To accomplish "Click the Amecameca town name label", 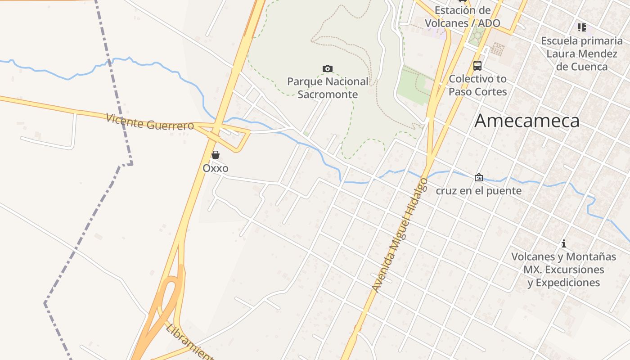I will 527,121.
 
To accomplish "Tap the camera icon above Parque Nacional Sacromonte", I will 328,68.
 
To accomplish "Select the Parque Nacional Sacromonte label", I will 328,88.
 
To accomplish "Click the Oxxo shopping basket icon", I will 216,155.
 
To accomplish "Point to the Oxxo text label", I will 216,168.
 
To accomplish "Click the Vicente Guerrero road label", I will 150,122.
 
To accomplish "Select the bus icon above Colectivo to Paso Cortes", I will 477,66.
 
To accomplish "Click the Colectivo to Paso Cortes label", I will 477,85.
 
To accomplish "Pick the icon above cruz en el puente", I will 478,177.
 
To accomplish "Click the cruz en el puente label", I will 478,191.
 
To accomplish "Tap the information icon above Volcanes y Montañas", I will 563,244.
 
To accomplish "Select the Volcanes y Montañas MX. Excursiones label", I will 563,263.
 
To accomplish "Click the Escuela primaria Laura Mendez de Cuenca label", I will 581,54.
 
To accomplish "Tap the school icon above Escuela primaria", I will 582,28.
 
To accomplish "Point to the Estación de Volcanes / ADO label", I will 463,17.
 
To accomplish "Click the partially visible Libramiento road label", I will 189,342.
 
